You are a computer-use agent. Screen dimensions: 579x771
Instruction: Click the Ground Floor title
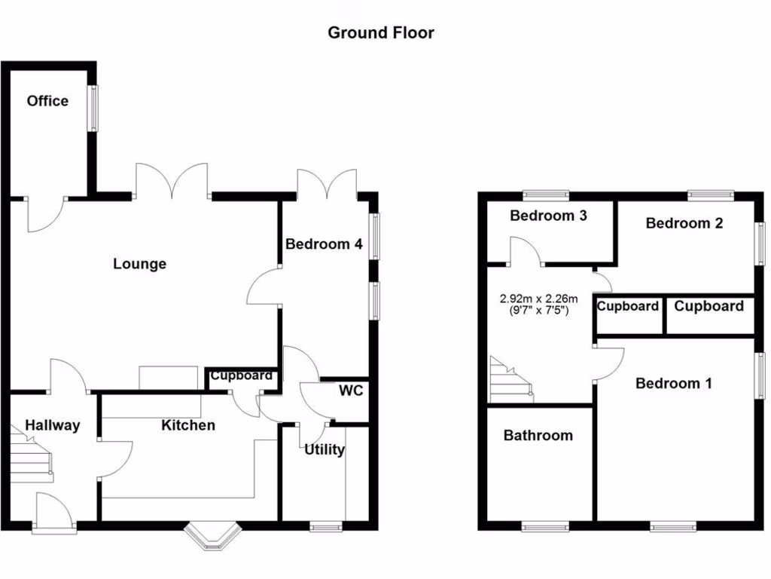[381, 32]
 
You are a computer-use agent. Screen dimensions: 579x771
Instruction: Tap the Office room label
[47, 101]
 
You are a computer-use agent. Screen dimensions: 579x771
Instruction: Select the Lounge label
[140, 264]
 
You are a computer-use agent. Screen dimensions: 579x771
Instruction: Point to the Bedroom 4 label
[324, 244]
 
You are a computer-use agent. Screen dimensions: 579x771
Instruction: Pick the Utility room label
[325, 450]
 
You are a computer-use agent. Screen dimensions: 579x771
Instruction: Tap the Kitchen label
[188, 425]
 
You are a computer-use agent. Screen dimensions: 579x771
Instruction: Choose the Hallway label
[52, 425]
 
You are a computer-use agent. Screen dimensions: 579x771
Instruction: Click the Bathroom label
[538, 435]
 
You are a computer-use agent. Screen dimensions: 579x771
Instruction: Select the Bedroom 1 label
[673, 383]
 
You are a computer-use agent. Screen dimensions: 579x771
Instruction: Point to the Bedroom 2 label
[684, 223]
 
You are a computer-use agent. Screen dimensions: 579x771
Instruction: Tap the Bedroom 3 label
[548, 216]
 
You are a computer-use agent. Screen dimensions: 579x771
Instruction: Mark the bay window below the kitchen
[213, 536]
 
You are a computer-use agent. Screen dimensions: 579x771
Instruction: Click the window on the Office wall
[93, 109]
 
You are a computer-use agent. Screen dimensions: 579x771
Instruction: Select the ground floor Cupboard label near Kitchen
[241, 375]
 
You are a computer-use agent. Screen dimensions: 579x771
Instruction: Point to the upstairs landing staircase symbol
[511, 381]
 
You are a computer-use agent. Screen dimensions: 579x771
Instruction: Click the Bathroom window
[545, 525]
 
